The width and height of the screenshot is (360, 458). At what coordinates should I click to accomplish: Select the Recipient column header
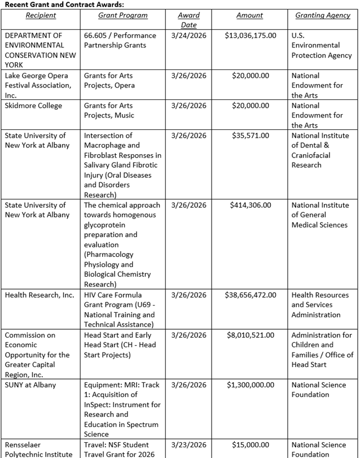pos(41,15)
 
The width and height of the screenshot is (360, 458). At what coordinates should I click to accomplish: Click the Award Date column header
pos(188,20)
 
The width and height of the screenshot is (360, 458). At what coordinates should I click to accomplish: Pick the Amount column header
pos(249,15)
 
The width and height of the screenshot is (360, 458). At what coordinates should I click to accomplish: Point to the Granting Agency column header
pos(323,15)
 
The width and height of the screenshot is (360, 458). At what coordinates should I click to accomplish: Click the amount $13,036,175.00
pos(251,35)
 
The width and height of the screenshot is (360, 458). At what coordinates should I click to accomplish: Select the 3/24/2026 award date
pos(188,35)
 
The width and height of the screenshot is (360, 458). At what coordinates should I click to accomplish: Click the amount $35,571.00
pos(251,136)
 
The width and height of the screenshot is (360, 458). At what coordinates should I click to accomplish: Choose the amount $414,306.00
pos(251,205)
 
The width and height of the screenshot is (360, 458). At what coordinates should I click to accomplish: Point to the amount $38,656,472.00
pos(251,295)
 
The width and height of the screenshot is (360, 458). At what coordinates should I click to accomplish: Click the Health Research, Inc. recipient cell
pos(39,295)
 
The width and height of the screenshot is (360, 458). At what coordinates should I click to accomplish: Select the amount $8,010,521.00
pos(251,335)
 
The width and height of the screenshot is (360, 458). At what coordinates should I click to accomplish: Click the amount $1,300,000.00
pos(251,385)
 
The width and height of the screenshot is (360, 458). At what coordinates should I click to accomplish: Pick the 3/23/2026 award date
pos(188,444)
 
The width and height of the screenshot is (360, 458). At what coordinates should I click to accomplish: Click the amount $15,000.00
pos(251,444)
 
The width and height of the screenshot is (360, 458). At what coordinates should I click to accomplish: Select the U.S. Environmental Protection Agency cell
pos(321,45)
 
